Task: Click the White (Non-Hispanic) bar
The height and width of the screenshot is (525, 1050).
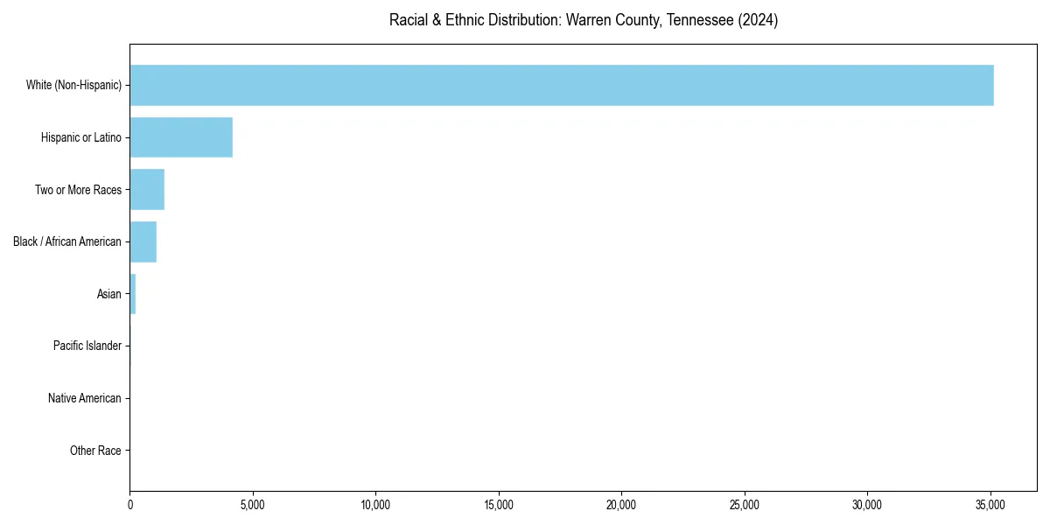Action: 561,85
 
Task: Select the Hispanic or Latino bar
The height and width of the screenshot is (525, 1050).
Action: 181,137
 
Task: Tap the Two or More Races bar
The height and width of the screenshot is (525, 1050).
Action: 147,190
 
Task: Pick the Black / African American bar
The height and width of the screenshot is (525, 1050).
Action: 143,241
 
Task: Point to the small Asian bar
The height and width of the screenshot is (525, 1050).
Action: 133,294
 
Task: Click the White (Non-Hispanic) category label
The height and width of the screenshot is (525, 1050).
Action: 73,85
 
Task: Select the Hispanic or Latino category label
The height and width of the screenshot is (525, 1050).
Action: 81,137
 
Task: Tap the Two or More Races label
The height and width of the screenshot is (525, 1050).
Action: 78,190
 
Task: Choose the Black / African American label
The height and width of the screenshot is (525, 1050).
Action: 67,241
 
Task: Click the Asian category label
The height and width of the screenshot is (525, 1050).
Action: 109,294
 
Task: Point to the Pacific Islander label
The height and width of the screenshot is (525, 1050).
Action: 87,346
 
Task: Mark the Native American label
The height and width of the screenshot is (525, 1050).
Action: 85,398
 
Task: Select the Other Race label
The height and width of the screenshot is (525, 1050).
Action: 95,451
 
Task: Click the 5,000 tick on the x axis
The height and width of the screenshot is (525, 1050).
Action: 253,505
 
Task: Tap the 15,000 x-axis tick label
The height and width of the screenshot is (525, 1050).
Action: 499,505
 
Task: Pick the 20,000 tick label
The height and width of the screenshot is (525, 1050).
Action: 621,505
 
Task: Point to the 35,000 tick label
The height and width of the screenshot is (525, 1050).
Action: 990,505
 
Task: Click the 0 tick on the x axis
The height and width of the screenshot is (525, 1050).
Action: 130,505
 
